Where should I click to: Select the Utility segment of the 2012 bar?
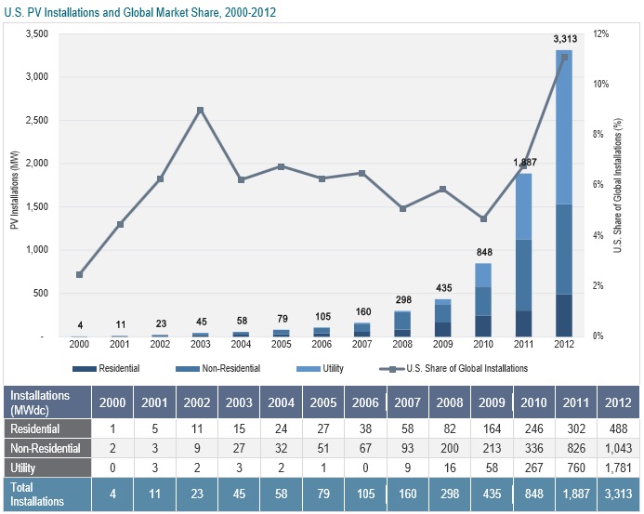[x=564, y=127]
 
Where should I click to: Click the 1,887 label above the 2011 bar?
[x=524, y=163]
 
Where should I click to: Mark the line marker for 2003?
[x=200, y=110]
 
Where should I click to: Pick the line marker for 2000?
[x=80, y=274]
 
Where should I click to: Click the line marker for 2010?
[x=483, y=219]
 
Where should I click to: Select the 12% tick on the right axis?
[x=601, y=33]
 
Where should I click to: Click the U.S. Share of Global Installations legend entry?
[x=455, y=368]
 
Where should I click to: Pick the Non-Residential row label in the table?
[x=40, y=448]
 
